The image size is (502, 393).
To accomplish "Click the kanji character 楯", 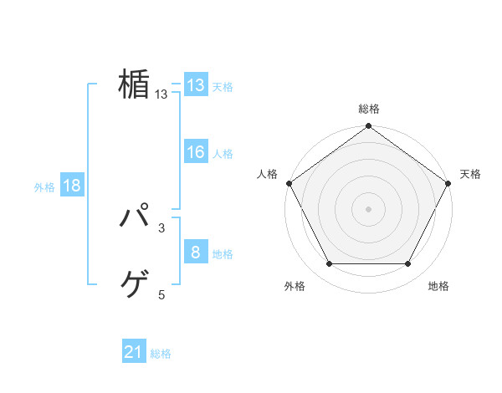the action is coord(134,84).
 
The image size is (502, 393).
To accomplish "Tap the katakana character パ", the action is coord(134,219).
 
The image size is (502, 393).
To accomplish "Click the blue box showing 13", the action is coord(195,85).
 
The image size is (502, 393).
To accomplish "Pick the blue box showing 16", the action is coord(195,152).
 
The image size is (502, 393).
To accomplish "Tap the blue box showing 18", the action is coord(71,186).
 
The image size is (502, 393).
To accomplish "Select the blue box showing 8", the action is coord(195,253).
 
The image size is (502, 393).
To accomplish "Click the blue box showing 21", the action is coord(133,353).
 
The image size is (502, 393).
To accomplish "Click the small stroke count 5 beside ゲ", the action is coord(161,294).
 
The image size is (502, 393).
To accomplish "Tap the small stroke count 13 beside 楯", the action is coord(161,95).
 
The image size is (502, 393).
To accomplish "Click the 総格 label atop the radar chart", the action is coord(369,110).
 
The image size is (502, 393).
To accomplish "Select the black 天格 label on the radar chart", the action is coord(470,174).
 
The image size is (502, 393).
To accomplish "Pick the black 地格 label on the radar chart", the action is coord(438,286).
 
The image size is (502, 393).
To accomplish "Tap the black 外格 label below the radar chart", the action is coord(295,286).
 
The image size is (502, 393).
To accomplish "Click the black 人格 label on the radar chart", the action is coord(267,174).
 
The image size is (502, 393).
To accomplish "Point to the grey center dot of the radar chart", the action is coord(368,208).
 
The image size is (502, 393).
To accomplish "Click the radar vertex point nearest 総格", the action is coord(368,127).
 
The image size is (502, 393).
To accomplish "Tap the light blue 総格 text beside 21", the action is coord(161,354).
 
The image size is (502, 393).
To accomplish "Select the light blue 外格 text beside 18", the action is coord(44,187).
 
